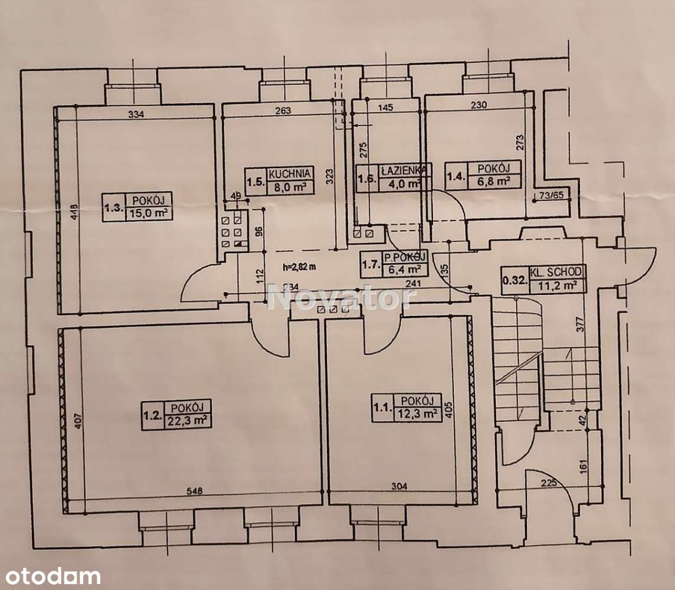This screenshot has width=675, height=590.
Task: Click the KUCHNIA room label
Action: [x=290, y=174]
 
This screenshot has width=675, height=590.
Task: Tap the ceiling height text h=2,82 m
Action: [x=299, y=266]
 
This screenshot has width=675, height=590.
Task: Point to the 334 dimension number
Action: [x=136, y=114]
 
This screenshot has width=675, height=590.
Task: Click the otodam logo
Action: [x=50, y=575]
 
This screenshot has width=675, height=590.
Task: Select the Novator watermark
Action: [x=341, y=297]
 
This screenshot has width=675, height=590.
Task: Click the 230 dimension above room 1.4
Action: [x=479, y=106]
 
